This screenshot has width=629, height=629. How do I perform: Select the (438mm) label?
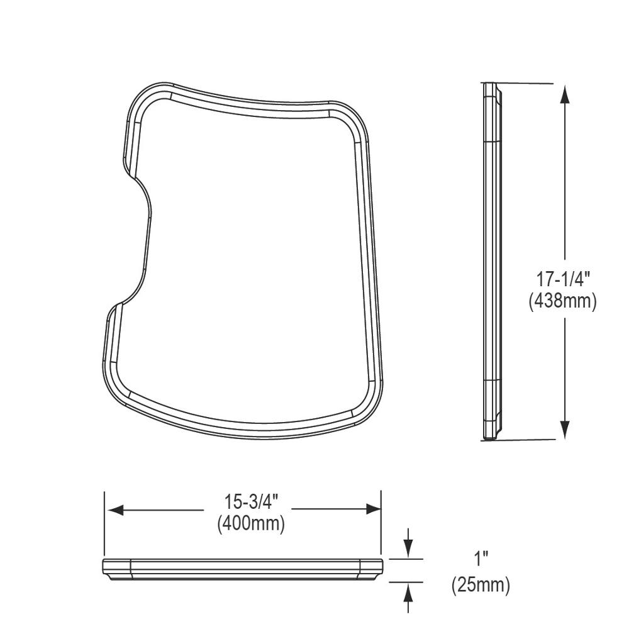click(562, 301)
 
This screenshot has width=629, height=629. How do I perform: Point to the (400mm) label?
click(251, 523)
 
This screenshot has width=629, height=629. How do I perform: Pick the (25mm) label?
click(481, 585)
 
